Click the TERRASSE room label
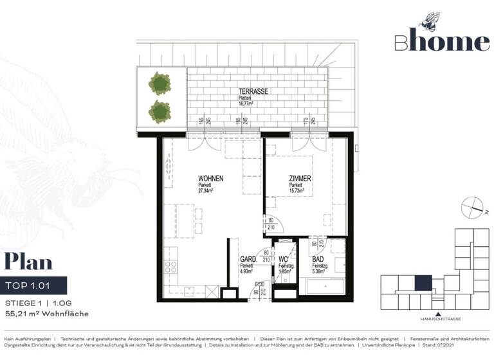coord(253,91)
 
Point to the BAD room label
coord(318,260)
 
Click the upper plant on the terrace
coord(159,83)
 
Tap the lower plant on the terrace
coord(159,111)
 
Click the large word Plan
coord(29,262)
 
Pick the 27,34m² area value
coord(206,191)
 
